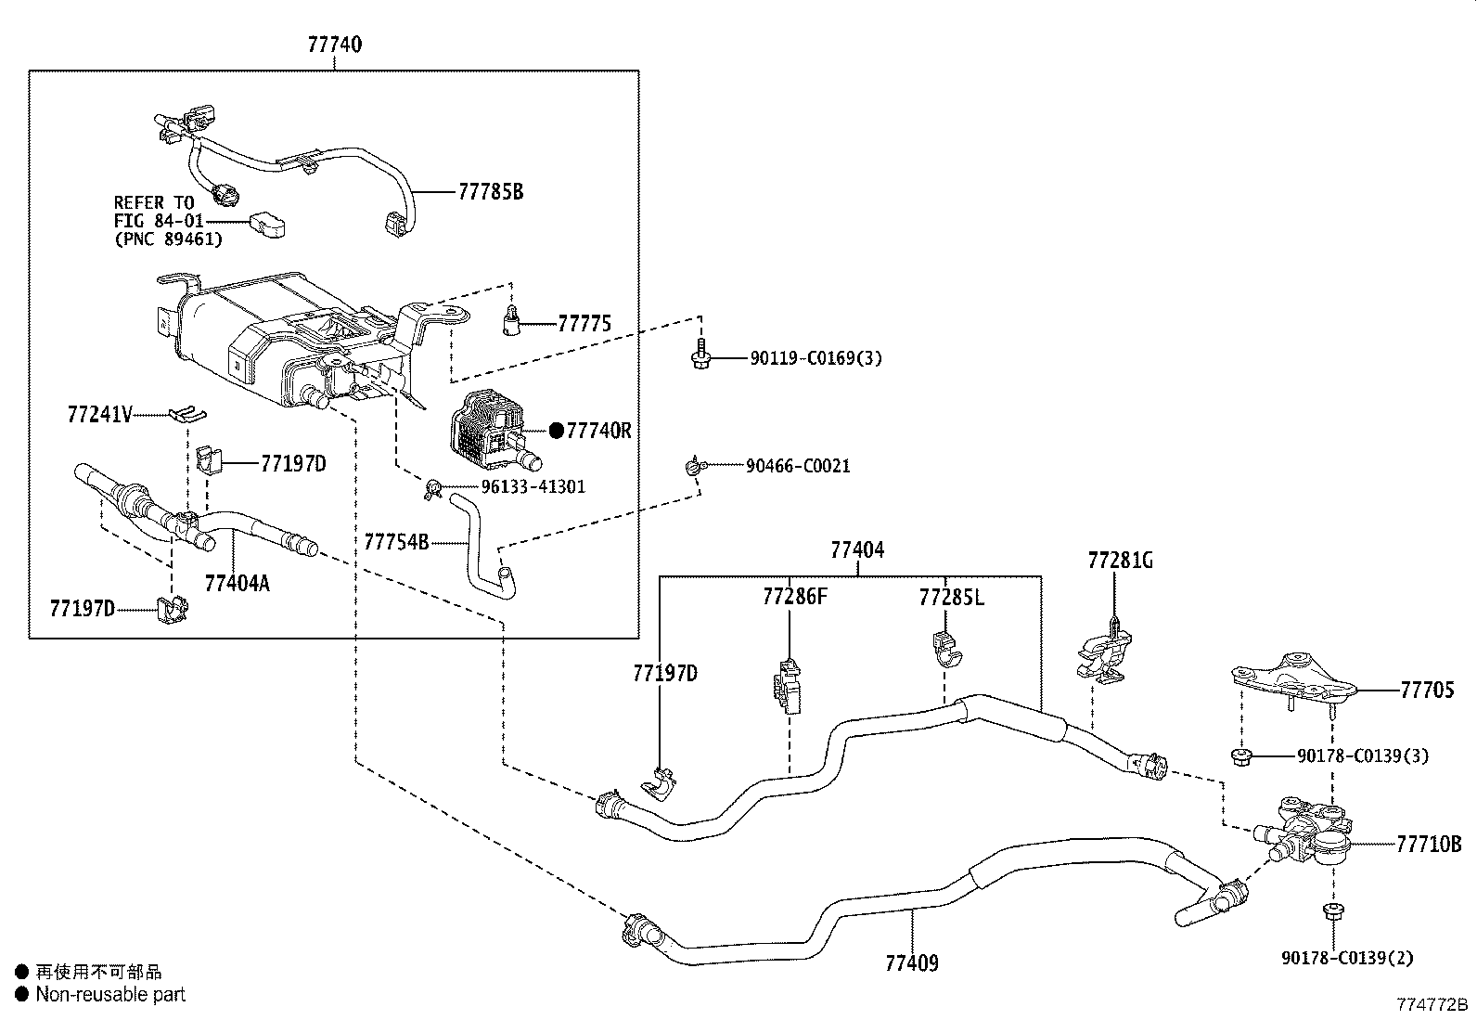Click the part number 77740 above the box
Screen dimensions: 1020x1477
[334, 45]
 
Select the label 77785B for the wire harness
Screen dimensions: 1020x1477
[491, 192]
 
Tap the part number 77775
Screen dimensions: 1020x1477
[584, 324]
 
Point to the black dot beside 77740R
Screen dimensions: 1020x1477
[556, 431]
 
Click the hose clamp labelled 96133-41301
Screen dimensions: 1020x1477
[431, 488]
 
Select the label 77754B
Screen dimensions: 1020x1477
[396, 542]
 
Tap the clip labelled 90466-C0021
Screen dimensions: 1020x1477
[694, 467]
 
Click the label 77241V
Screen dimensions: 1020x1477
[99, 414]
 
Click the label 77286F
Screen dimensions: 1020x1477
[794, 597]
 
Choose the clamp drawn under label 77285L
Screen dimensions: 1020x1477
[945, 649]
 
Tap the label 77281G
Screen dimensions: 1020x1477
[1121, 561]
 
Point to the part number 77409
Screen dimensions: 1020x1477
[911, 963]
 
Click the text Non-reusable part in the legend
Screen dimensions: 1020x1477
[110, 995]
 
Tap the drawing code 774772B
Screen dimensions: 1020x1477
[1433, 1005]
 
